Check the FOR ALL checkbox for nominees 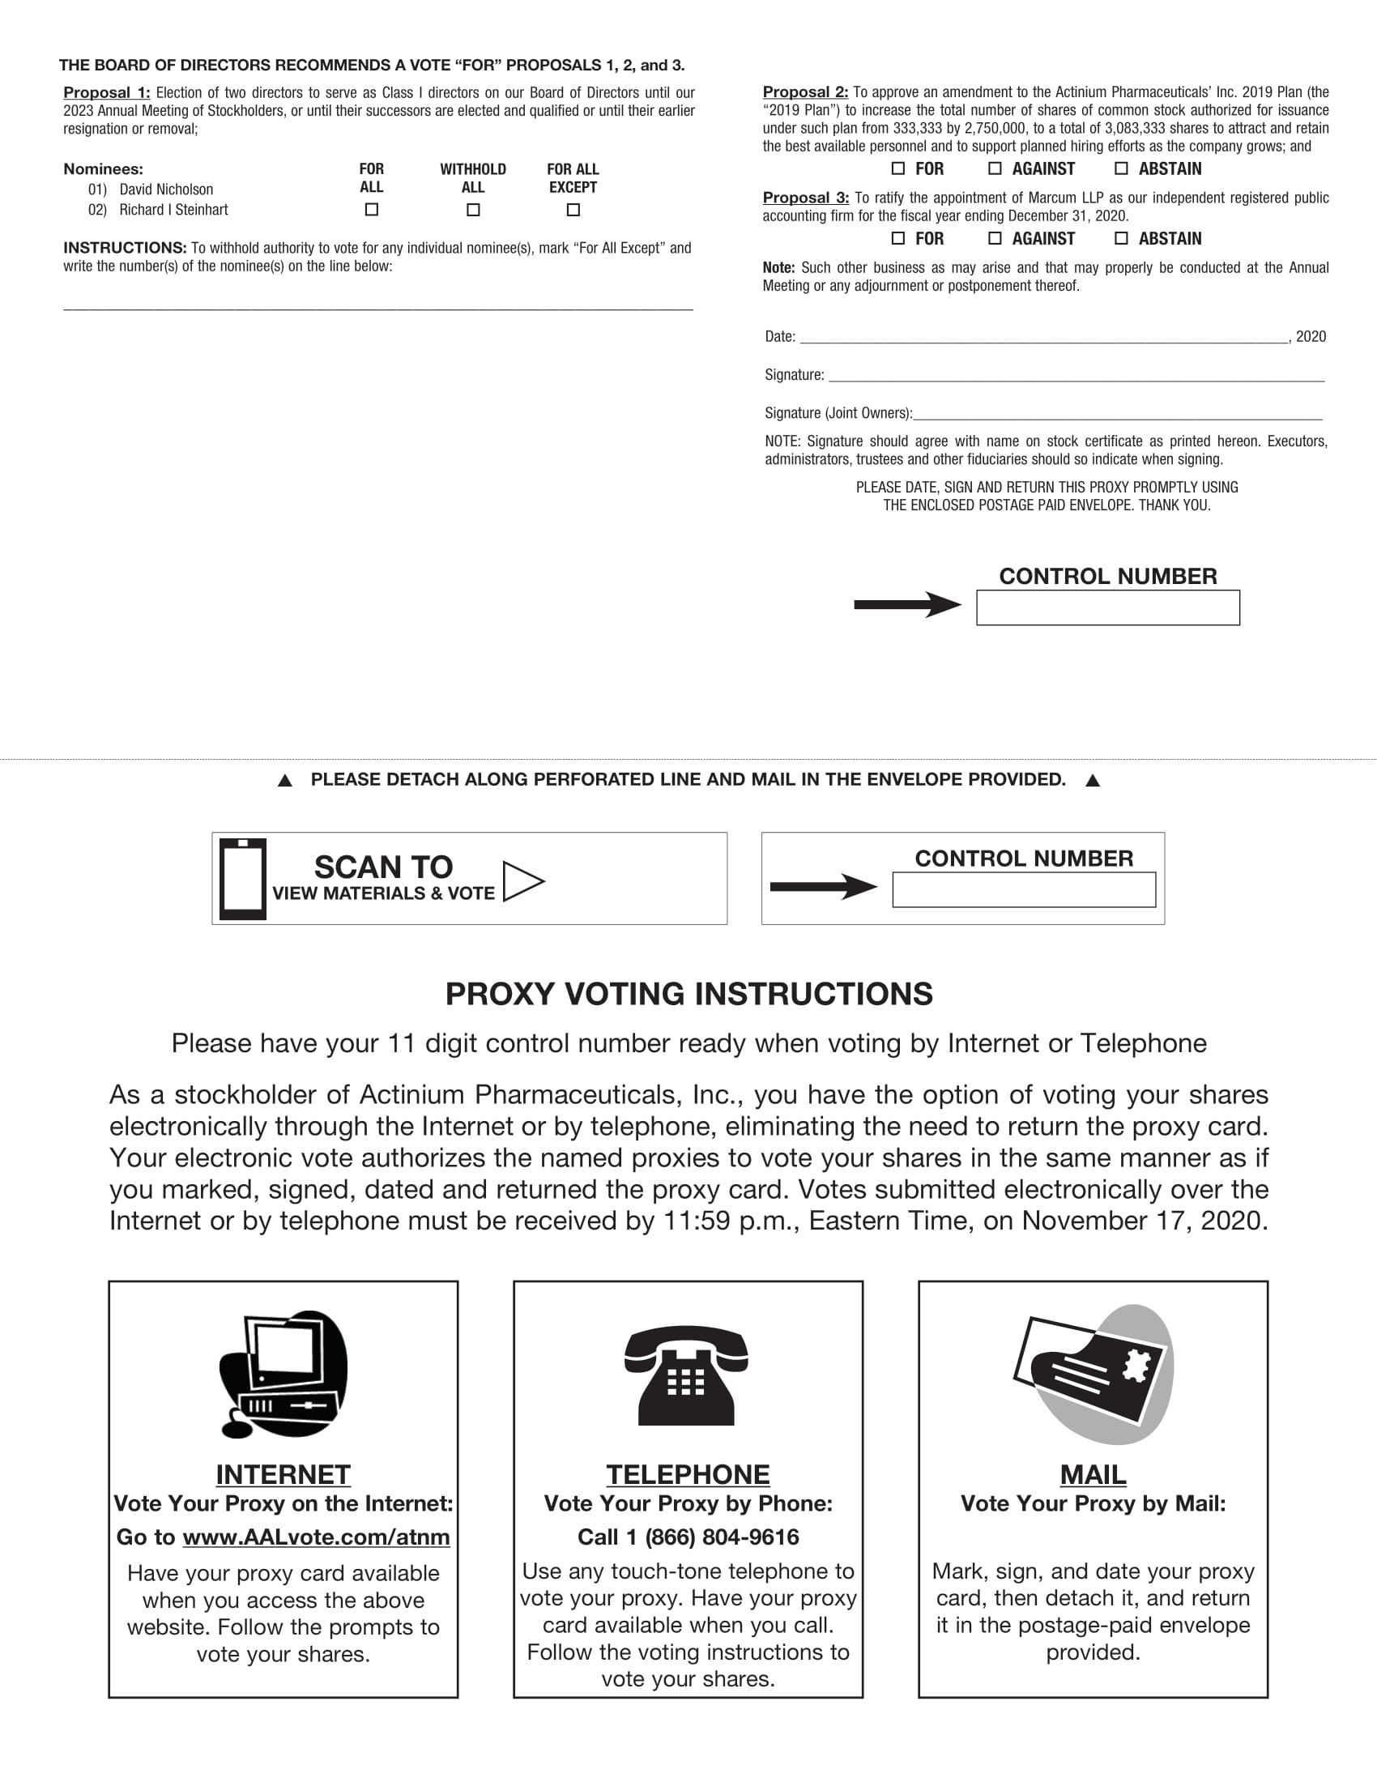pos(372,210)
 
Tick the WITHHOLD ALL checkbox pos(473,210)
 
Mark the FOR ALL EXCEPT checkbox pos(573,210)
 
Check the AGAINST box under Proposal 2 pos(995,169)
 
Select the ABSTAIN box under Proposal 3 pos(1122,238)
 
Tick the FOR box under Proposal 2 pos(898,169)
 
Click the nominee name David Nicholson pos(166,190)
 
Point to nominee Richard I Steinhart pos(174,210)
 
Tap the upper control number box pos(1108,607)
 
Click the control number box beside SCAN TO pos(1024,890)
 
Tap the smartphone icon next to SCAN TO pos(243,879)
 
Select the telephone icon pos(687,1376)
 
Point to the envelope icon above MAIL pos(1093,1375)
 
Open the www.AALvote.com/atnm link pos(316,1537)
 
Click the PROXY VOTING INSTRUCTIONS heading pos(688,994)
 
